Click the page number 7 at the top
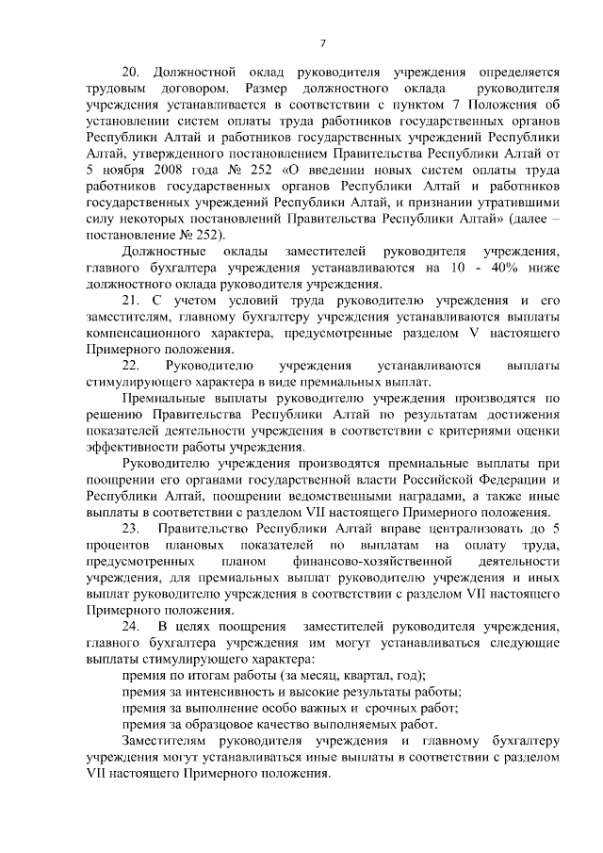(322, 44)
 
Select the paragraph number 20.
(131, 72)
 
